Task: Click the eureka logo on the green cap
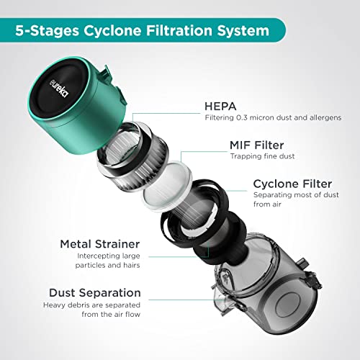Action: click(x=59, y=88)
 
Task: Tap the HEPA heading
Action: click(x=220, y=107)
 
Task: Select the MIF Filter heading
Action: click(x=256, y=145)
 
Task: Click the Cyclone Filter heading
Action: click(x=292, y=184)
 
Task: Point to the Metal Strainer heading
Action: click(x=100, y=244)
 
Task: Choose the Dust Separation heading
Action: click(x=95, y=293)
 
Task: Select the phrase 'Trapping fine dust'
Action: click(x=262, y=156)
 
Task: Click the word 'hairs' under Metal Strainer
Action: click(x=132, y=265)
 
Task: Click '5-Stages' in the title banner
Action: click(x=47, y=31)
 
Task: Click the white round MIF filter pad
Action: click(x=167, y=187)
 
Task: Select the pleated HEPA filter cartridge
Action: click(x=132, y=156)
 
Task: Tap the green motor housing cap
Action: click(x=77, y=105)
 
